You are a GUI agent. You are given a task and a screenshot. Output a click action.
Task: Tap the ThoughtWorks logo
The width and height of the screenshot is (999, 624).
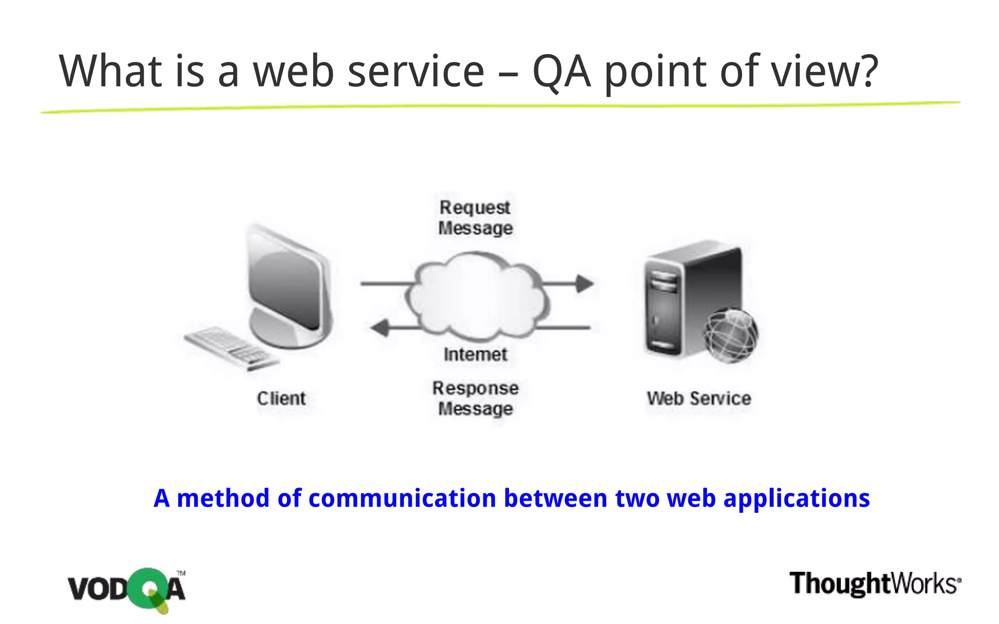click(875, 584)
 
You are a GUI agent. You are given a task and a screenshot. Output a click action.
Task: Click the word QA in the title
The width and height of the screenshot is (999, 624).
click(561, 72)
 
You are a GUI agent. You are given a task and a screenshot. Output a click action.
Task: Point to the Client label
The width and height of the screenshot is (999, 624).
click(281, 399)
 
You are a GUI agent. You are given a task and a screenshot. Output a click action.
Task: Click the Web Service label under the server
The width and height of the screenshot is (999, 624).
click(699, 399)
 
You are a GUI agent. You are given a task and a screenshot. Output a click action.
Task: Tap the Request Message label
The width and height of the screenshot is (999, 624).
click(475, 218)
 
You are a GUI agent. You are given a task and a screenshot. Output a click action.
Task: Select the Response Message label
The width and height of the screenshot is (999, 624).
click(475, 398)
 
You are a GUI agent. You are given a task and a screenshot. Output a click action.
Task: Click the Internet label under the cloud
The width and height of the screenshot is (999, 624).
click(475, 354)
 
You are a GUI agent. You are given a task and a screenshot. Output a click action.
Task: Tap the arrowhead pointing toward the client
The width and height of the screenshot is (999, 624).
click(380, 328)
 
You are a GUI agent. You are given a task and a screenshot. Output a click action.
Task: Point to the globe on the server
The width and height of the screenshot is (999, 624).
click(730, 335)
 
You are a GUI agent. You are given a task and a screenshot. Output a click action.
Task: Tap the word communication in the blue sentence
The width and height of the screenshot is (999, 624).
click(402, 498)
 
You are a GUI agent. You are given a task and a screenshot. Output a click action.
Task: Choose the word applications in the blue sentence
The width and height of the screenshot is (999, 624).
click(796, 498)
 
